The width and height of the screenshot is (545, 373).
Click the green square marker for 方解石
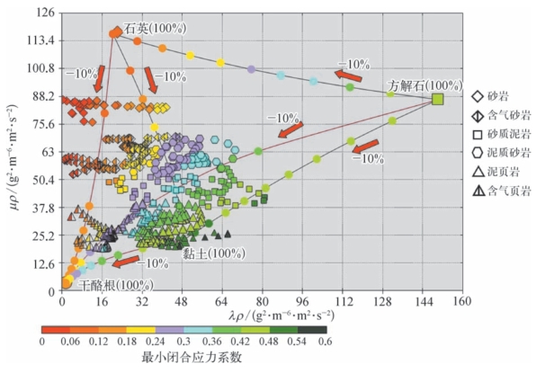coord(438,99)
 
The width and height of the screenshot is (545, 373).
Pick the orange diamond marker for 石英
coord(115,33)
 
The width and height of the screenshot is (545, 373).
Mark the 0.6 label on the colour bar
coord(325,342)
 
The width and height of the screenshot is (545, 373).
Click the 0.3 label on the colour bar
coord(183,342)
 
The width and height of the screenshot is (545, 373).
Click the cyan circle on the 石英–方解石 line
coord(281,75)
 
